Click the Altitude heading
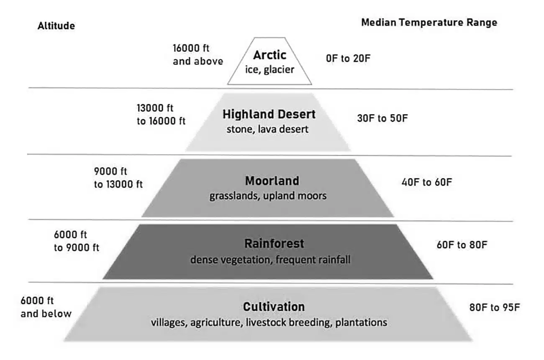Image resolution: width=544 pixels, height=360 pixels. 56,26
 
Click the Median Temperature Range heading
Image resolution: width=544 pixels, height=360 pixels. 429,23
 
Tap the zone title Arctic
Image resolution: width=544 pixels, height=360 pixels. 269,55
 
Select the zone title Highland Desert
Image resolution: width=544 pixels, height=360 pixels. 269,114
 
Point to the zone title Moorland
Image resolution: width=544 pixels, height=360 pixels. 272,181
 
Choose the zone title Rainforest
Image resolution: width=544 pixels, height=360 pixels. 268,243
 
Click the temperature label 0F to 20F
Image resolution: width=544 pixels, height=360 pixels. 349,59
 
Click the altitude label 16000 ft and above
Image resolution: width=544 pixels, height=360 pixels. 198,54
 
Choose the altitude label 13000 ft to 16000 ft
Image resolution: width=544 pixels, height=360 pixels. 161,114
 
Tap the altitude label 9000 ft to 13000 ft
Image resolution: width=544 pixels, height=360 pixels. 118,178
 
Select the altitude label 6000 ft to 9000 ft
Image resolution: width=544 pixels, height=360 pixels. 77,241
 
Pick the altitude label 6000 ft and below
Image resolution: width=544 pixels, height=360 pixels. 46,307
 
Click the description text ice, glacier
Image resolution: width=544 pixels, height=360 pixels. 269,69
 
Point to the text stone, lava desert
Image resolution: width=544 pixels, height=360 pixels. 267,129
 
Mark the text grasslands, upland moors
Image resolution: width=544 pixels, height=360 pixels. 268,195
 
